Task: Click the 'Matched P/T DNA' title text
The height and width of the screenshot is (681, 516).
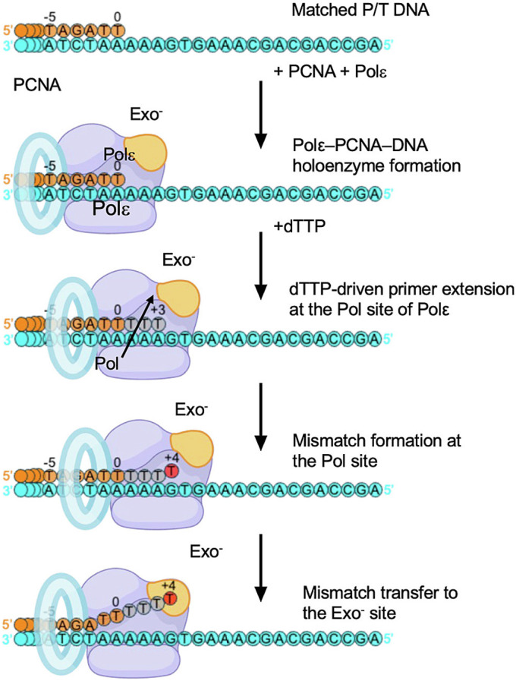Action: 360,10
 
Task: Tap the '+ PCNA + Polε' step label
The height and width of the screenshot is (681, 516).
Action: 330,71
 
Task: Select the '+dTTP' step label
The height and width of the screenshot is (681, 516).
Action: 300,226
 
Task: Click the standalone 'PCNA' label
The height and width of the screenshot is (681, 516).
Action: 37,85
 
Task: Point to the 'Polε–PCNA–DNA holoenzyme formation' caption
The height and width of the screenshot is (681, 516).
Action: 376,155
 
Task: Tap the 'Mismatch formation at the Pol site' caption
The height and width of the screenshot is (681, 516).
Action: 376,450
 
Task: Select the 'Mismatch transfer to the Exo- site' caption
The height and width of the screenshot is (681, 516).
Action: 380,602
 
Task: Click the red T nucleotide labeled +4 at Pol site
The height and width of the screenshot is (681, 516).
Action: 171,471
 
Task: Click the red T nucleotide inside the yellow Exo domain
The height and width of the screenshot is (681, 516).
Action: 170,598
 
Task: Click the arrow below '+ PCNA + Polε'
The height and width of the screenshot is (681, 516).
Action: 260,115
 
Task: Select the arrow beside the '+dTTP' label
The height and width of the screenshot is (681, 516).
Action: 260,266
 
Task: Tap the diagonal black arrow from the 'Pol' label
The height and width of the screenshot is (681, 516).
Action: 138,326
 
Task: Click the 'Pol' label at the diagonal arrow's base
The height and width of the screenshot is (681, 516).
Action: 107,363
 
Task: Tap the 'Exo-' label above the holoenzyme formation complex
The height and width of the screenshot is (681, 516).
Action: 146,114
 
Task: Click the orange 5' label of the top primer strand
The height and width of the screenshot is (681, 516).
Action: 8,31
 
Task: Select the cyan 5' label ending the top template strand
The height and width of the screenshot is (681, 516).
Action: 389,45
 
